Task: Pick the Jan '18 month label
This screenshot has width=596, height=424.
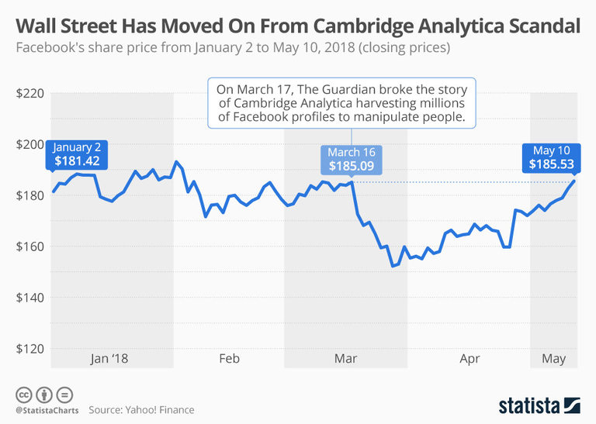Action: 109,359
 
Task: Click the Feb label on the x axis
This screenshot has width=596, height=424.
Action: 229,359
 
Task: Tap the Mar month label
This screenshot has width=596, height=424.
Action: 345,359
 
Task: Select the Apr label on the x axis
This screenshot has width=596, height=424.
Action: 470,359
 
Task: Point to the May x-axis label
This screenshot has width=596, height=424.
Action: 553,359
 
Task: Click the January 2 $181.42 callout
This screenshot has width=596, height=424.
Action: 78,154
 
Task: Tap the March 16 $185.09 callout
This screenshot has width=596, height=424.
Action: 351,159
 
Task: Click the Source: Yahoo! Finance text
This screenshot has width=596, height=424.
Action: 141,409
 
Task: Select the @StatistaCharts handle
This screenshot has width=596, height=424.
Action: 44,409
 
